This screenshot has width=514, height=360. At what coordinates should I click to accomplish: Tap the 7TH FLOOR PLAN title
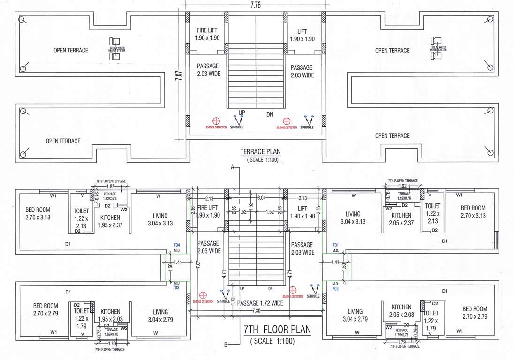(x=277, y=330)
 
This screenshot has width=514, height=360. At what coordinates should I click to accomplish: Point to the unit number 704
(x=177, y=245)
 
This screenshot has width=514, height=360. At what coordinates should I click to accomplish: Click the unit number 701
(x=335, y=245)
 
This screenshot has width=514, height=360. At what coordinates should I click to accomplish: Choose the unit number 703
(x=177, y=288)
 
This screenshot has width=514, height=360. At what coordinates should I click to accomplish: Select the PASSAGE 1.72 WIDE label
(x=261, y=303)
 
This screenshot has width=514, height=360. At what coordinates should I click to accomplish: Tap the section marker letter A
(x=232, y=166)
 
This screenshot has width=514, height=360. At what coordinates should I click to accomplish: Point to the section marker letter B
(x=226, y=345)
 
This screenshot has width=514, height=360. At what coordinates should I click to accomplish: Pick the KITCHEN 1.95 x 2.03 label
(x=110, y=315)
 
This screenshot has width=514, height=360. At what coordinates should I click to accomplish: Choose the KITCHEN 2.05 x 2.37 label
(x=402, y=218)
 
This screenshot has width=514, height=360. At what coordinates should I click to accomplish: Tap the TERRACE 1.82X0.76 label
(x=110, y=195)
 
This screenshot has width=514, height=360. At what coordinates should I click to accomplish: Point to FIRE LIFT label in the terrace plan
(x=207, y=34)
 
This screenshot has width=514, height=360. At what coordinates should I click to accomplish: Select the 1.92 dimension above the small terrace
(x=402, y=186)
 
